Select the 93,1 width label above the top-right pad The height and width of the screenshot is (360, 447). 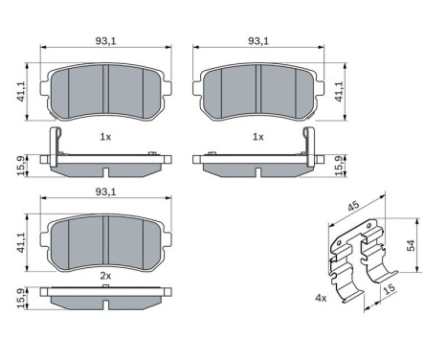257,40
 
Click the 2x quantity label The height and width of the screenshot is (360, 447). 106,276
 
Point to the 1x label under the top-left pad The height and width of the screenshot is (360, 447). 106,138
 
